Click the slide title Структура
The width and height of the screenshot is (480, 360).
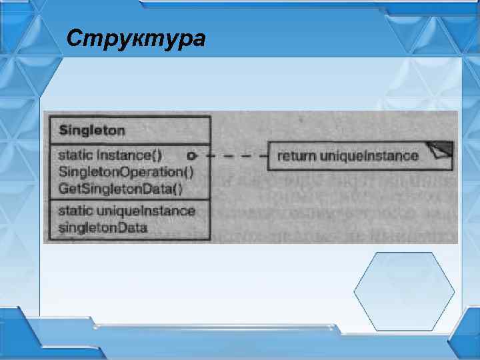pos(136,39)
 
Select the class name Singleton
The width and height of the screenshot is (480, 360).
pos(92,130)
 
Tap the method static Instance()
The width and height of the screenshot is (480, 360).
pos(110,155)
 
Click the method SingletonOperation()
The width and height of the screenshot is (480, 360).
pos(126,172)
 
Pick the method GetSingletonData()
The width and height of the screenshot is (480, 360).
pos(120,188)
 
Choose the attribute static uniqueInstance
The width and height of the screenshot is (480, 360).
pos(127,211)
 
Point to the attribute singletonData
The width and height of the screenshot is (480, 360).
pos(103,227)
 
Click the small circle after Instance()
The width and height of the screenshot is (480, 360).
pos(191,156)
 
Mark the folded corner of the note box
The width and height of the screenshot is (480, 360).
pos(441,150)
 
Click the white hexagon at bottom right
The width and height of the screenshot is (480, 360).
pos(403,291)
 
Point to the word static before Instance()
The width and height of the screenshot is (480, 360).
pos(76,155)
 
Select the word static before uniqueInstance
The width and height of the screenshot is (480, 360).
pos(76,211)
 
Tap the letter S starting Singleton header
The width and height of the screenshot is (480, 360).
pos(63,130)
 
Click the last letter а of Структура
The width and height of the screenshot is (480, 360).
pos(197,39)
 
